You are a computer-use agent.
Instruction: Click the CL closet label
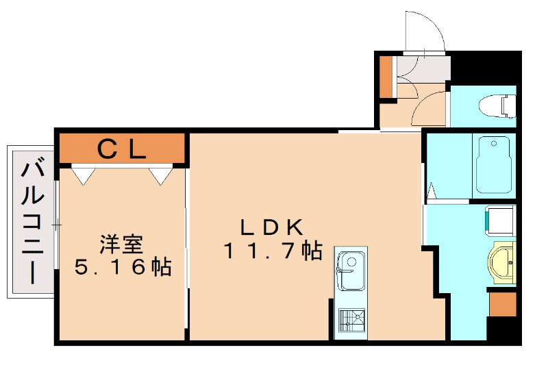121,148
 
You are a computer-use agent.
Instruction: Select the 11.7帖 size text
272,251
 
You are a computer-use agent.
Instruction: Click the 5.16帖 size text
122,267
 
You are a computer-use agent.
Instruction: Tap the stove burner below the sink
351,322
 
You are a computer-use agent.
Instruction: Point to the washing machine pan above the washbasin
501,220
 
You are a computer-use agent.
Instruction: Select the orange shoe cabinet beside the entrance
386,76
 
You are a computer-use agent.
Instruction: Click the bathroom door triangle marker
432,191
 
